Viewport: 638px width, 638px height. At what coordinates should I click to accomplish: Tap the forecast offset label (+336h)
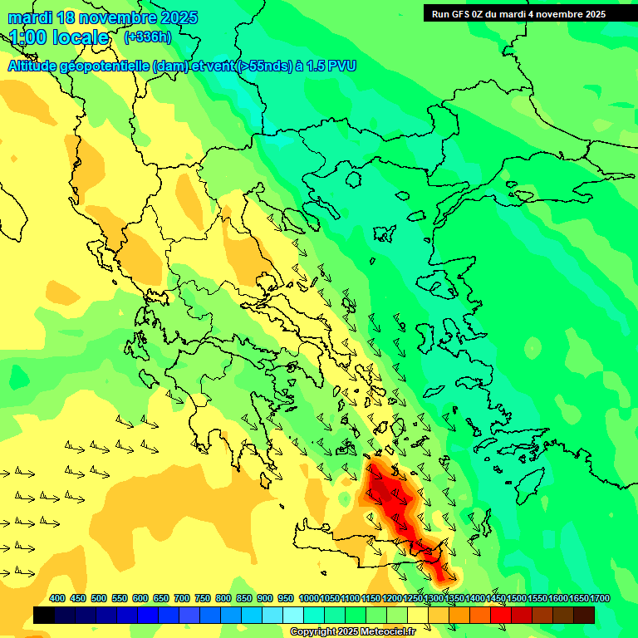pyautogui.click(x=147, y=37)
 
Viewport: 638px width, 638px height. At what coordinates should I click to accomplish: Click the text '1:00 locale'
pyautogui.click(x=59, y=37)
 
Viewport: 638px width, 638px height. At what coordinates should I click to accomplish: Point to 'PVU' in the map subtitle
pyautogui.click(x=341, y=66)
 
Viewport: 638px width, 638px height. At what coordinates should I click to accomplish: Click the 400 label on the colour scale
pyautogui.click(x=57, y=598)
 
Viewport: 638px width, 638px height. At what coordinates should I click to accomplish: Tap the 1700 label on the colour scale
pyautogui.click(x=600, y=598)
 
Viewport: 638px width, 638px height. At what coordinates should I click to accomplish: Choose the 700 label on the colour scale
pyautogui.click(x=182, y=598)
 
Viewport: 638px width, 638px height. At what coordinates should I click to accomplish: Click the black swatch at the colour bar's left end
pyautogui.click(x=44, y=615)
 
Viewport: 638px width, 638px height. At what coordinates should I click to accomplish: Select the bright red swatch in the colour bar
pyautogui.click(x=501, y=615)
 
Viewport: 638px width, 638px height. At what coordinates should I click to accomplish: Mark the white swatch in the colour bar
pyautogui.click(x=293, y=615)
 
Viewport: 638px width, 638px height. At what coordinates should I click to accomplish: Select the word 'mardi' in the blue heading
pyautogui.click(x=30, y=17)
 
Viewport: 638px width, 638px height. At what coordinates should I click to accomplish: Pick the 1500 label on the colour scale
pyautogui.click(x=517, y=598)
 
